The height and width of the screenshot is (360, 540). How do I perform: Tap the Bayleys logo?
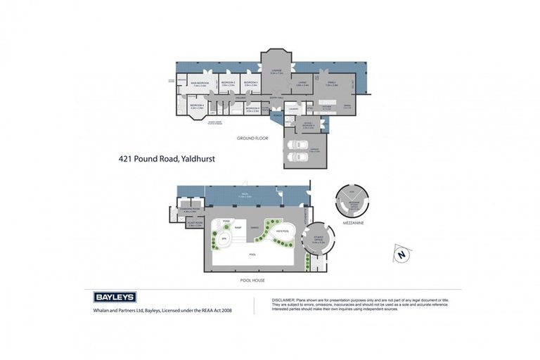pyautogui.click(x=115, y=297)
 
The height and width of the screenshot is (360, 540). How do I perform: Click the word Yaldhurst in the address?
pyautogui.click(x=198, y=159)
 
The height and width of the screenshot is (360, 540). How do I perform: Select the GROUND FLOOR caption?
pyautogui.click(x=252, y=138)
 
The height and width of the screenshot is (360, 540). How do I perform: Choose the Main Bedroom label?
pyautogui.click(x=198, y=83)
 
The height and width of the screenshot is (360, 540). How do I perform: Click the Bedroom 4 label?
pyautogui.click(x=197, y=106)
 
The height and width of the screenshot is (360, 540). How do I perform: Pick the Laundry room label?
pyautogui.click(x=294, y=108)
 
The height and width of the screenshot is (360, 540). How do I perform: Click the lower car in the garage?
pyautogui.click(x=299, y=156)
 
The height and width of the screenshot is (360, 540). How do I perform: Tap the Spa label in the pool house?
pyautogui.click(x=224, y=239)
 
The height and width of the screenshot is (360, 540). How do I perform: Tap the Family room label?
pyautogui.click(x=330, y=82)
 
